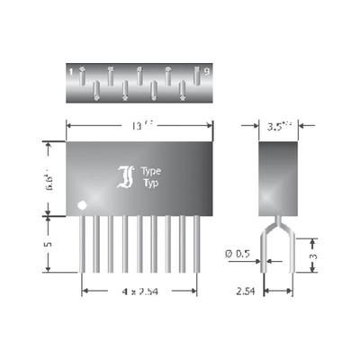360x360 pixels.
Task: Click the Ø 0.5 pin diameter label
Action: [x=237, y=255]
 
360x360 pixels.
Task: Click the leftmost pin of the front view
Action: [x=85, y=243]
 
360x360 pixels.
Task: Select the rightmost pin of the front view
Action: [x=196, y=243]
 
